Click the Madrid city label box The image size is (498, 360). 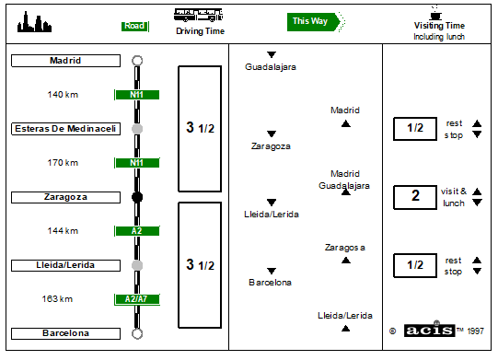tap(65, 61)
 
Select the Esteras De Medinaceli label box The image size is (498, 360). tap(65, 129)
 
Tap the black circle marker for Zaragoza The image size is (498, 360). tap(137, 197)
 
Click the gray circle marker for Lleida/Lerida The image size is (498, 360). tap(137, 265)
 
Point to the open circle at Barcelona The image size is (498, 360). tap(137, 333)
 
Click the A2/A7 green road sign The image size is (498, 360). tap(137, 299)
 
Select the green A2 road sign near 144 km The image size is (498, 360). tap(137, 231)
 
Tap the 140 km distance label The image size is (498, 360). tap(63, 94)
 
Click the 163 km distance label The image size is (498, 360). tap(57, 299)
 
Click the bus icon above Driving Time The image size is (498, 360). tap(198, 15)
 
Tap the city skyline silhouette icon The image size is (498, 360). tap(34, 22)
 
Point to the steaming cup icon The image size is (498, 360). tap(435, 13)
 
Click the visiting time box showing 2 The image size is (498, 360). tap(415, 197)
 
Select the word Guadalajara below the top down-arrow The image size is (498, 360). tap(271, 67)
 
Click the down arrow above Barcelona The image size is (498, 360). tap(272, 271)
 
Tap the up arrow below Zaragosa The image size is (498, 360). tap(346, 261)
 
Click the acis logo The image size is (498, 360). tap(429, 331)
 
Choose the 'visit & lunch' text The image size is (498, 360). tap(454, 197)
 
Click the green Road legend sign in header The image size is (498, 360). tap(135, 27)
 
